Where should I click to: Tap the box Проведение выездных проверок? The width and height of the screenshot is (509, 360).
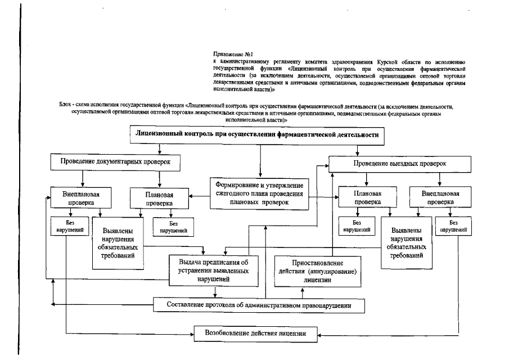399,163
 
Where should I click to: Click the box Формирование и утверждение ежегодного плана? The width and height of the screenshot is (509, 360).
259,193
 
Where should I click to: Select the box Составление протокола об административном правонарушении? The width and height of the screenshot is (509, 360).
259,305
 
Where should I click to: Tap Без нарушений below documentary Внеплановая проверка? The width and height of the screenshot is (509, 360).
67,226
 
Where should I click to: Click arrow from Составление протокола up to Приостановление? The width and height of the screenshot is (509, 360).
303,292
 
